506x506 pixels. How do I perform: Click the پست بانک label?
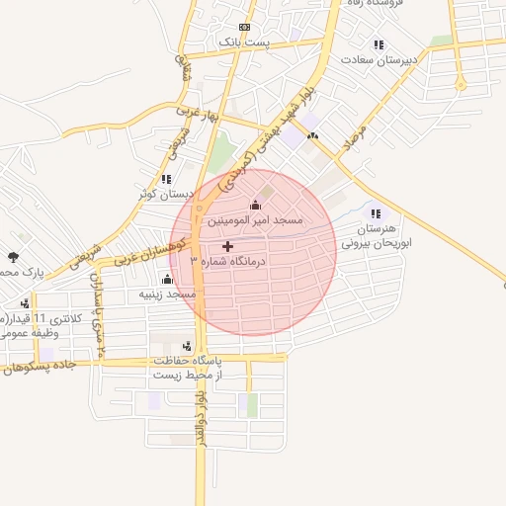[x=228, y=42]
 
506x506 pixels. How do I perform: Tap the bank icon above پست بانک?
[x=244, y=27]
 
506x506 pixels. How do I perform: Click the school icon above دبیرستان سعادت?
[x=378, y=44]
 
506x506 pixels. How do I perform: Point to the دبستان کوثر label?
[x=166, y=194]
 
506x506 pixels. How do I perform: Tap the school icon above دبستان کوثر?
[x=166, y=179]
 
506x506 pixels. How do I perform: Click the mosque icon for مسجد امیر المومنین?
[x=256, y=205]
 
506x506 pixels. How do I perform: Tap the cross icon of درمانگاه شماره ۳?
[x=228, y=246]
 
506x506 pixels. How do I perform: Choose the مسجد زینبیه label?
[x=167, y=294]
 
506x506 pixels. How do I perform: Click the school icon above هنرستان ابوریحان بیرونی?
[x=374, y=212]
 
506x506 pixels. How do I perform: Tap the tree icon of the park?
[x=12, y=258]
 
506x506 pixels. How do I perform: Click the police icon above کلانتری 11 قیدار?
[x=24, y=303]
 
